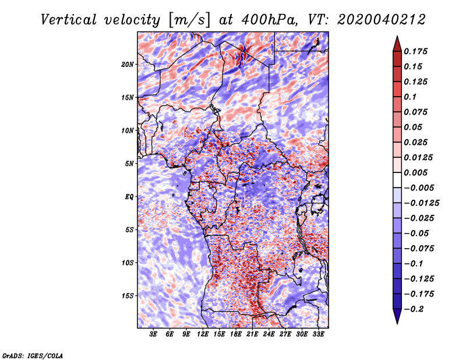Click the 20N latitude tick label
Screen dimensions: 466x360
tap(128, 65)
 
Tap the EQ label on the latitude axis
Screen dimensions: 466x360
tap(129, 197)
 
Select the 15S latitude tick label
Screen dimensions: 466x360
tap(128, 296)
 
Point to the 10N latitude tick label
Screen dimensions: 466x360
tap(128, 130)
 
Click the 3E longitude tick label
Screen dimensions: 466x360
tap(153, 334)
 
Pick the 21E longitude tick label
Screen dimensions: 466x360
tap(252, 334)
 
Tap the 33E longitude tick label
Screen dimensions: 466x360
tap(318, 334)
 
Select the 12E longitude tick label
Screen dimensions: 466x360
tap(203, 334)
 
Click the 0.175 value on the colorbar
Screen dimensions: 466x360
tap(415, 51)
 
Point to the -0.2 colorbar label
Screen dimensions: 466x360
tap(414, 309)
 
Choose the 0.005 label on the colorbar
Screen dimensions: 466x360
tap(415, 172)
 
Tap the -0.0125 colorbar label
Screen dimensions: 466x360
tap(421, 203)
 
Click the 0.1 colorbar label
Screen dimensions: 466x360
tap(410, 97)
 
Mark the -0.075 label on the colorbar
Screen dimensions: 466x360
tap(419, 249)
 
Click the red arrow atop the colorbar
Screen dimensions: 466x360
tap(397, 44)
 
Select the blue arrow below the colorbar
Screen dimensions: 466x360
tap(397, 316)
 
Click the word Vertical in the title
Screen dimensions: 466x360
tap(69, 20)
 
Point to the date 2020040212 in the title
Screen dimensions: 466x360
tap(381, 20)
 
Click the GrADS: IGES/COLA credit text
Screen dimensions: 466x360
tap(33, 356)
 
